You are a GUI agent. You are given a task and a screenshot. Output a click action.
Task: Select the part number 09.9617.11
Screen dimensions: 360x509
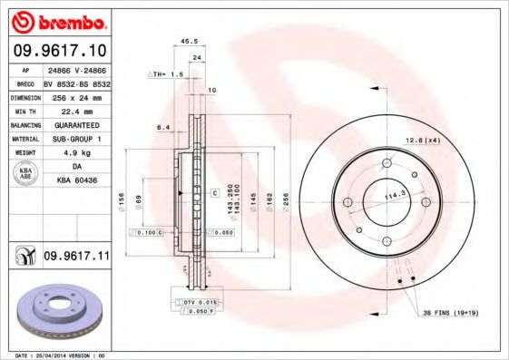tap(76, 257)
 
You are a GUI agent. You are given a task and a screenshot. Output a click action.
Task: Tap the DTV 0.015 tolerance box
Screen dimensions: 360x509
tap(199, 301)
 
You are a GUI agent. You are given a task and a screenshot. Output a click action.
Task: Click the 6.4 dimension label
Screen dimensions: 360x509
tap(163, 127)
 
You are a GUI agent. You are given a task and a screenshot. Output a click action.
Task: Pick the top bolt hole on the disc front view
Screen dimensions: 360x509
tap(386, 163)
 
